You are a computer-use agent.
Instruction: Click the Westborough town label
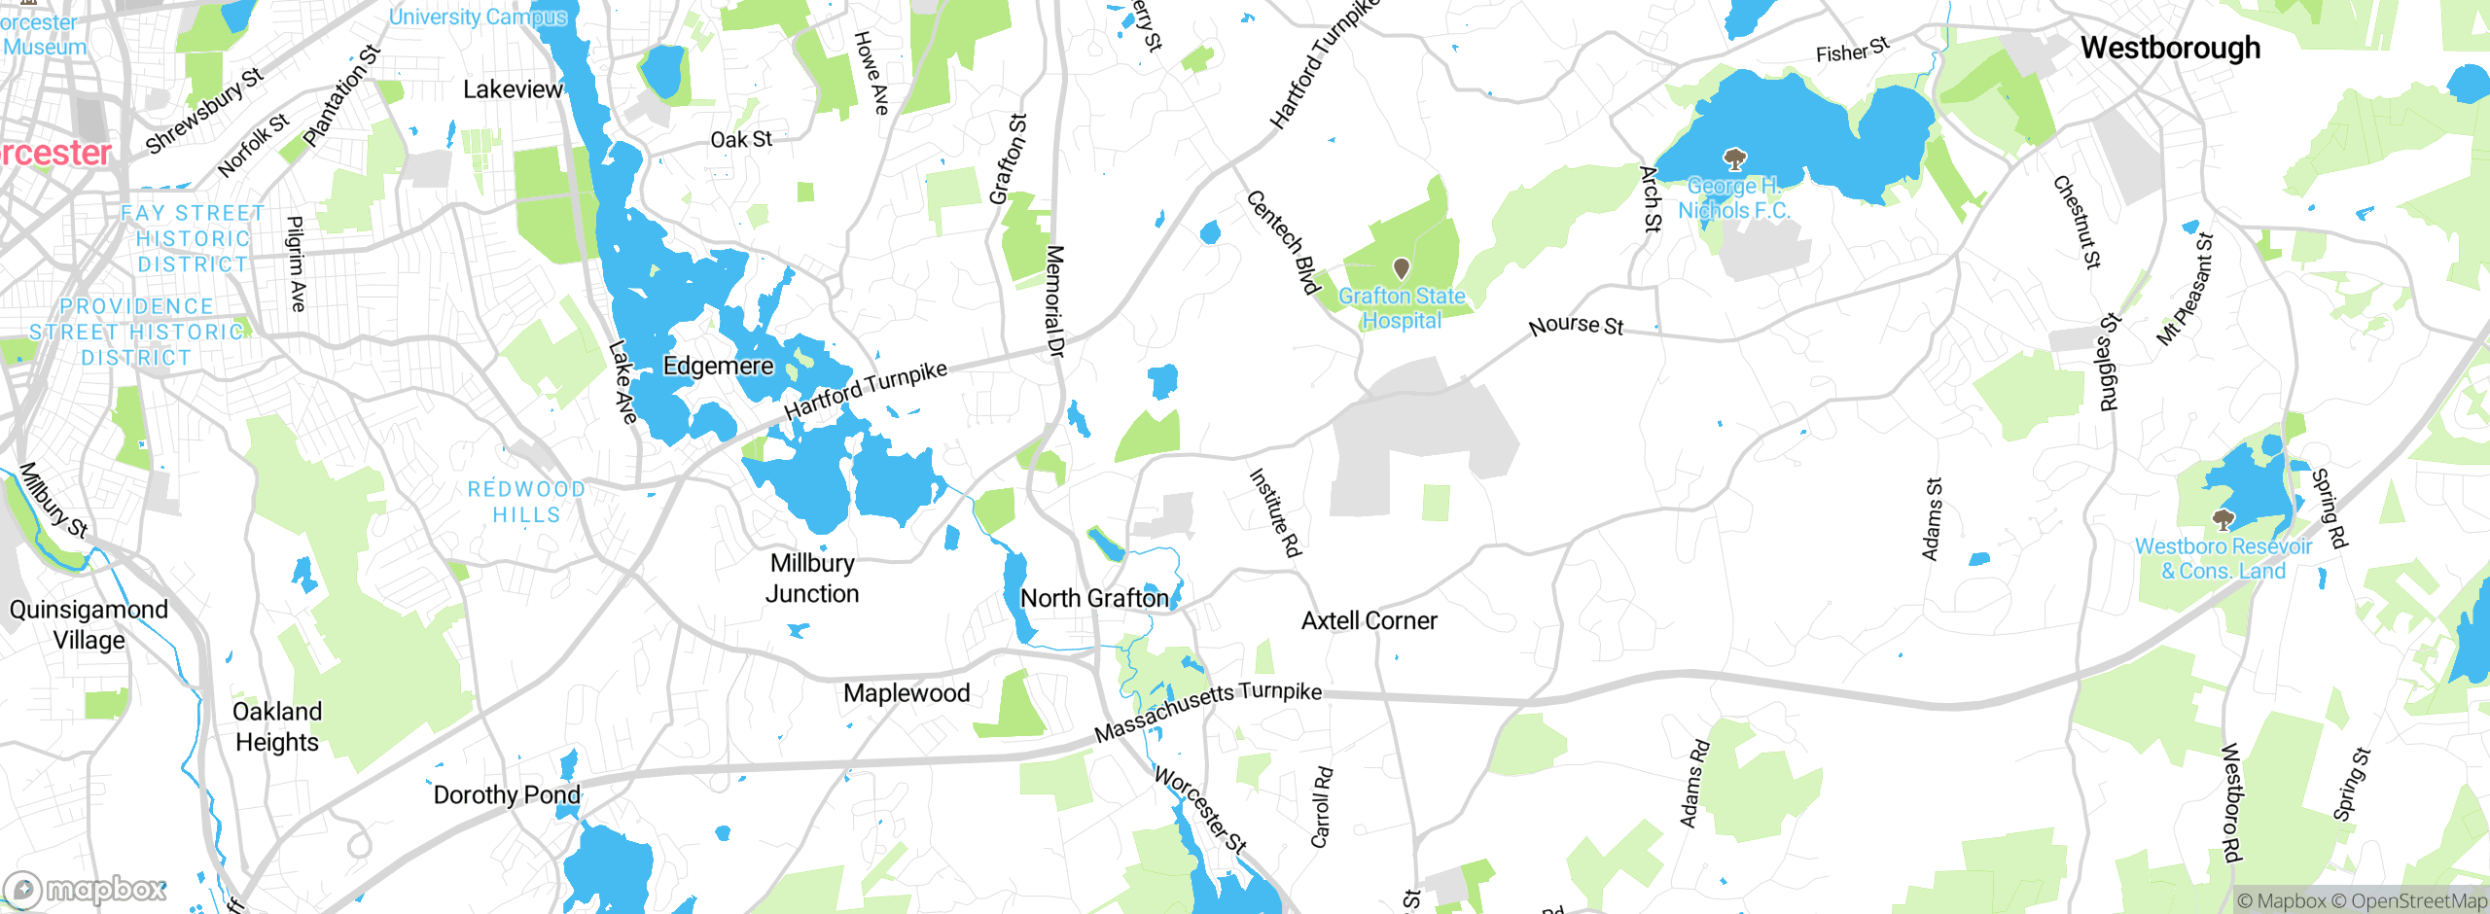[2170, 48]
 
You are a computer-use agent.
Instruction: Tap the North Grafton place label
[1094, 598]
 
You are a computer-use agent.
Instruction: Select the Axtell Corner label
[1369, 620]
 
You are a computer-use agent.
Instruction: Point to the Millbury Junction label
[812, 579]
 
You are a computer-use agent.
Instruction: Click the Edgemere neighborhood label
[718, 366]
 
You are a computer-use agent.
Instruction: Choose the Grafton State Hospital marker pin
[1402, 267]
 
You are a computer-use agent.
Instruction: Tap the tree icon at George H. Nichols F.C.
[1733, 158]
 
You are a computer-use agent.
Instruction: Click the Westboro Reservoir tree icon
[2223, 518]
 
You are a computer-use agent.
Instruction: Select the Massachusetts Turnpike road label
[1207, 710]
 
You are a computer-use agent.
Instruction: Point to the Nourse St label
[1576, 325]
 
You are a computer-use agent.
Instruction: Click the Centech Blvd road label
[1283, 241]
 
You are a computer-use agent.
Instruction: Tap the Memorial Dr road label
[1054, 301]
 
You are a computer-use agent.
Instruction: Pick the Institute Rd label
[1274, 512]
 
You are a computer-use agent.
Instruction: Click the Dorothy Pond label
[507, 794]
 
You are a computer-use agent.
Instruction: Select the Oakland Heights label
[277, 726]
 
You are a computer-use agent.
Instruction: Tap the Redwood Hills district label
[526, 502]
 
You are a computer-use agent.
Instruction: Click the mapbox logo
[86, 889]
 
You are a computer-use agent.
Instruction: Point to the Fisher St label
[1852, 50]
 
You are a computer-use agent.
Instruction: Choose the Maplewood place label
[907, 693]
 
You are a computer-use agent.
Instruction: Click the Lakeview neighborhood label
[513, 89]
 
